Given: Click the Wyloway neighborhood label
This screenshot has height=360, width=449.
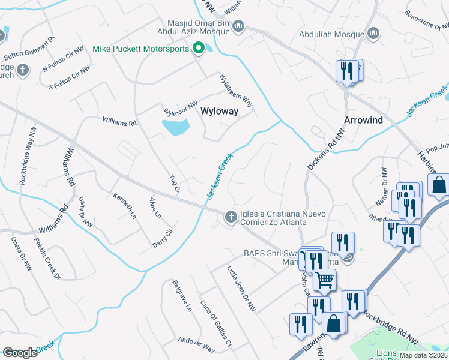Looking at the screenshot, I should pyautogui.click(x=219, y=111).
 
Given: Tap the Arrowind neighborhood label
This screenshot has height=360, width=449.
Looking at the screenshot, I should pyautogui.click(x=363, y=120).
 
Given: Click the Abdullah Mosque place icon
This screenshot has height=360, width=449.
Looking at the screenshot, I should pyautogui.click(x=372, y=34).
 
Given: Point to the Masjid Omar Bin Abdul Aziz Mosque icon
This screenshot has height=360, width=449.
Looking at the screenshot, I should pyautogui.click(x=238, y=26).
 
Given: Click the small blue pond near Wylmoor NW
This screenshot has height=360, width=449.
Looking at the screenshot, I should pyautogui.click(x=176, y=127).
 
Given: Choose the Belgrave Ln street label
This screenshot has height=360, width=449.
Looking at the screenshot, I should pyautogui.click(x=181, y=296).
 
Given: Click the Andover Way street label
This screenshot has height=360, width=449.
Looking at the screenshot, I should pyautogui.click(x=196, y=344).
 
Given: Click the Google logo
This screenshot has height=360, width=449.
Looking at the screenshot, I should pyautogui.click(x=20, y=352).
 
